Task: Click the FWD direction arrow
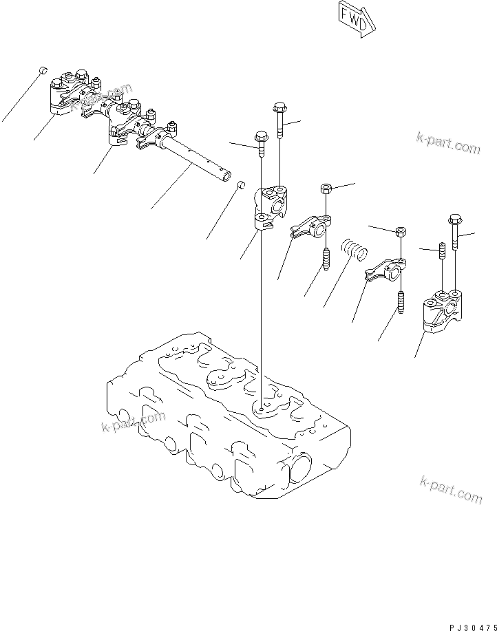(357, 17)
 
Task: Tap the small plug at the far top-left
(42, 70)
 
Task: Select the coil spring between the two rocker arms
(355, 248)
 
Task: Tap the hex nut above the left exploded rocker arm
(328, 189)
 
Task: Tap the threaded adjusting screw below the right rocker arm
(400, 302)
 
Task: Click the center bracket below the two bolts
(268, 207)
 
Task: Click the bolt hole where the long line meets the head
(262, 411)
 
